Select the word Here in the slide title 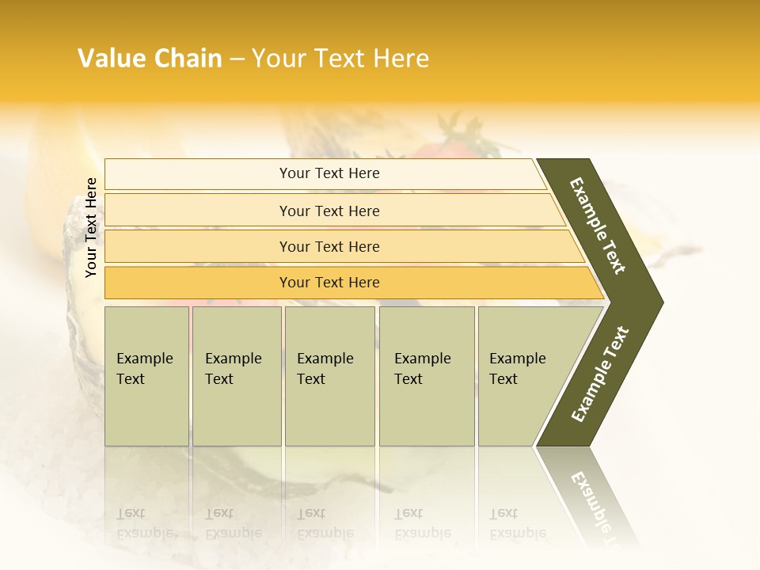(x=401, y=59)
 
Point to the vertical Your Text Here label (x=91, y=227)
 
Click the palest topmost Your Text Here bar (x=329, y=173)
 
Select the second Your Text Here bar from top (x=329, y=211)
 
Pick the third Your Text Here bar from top (x=329, y=247)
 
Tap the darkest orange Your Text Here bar (x=329, y=283)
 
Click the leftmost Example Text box (x=146, y=376)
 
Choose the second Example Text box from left (x=236, y=376)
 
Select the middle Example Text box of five (x=329, y=376)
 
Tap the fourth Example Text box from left (x=427, y=376)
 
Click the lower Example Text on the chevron (x=600, y=374)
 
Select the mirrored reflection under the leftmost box (x=146, y=507)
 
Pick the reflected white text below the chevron (x=594, y=503)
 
